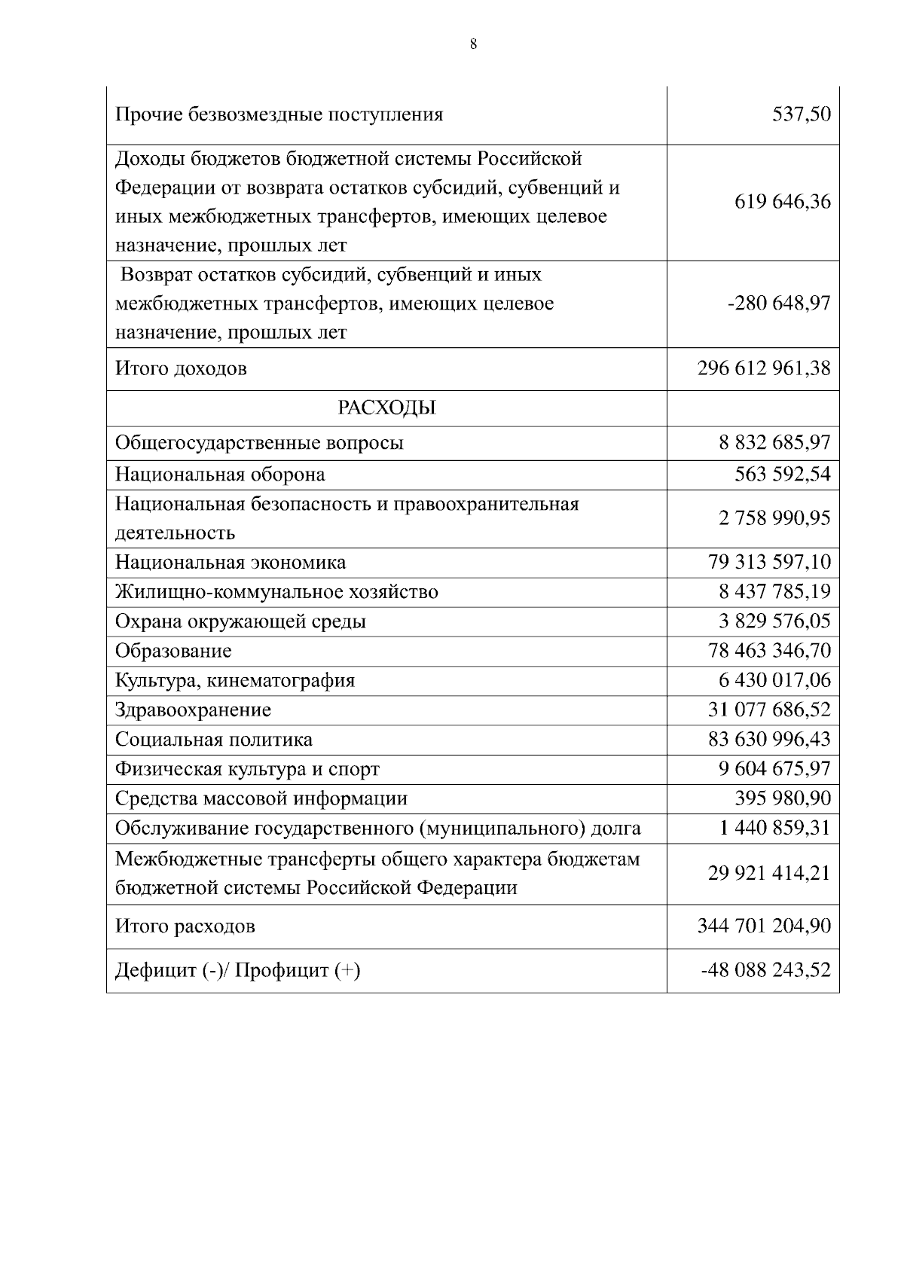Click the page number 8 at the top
(473, 44)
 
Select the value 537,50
(802, 114)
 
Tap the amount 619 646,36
(783, 202)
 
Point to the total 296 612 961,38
(765, 368)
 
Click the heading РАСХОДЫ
(386, 408)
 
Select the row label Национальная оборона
(220, 475)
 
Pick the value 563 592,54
(783, 475)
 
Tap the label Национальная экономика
(231, 563)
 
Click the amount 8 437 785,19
(774, 591)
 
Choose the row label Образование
(173, 651)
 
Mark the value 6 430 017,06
(774, 680)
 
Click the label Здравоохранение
(193, 710)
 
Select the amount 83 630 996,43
(769, 740)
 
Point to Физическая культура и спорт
(247, 769)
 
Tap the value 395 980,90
(783, 798)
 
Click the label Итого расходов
(185, 926)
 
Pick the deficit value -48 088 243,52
(765, 970)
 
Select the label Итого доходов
(181, 368)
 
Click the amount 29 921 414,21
(769, 873)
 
